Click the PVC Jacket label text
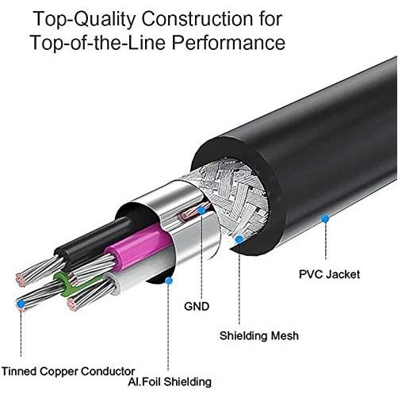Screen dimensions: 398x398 coord(329,274)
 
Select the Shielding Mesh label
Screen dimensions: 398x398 coord(259,336)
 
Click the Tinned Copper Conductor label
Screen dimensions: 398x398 coord(68,370)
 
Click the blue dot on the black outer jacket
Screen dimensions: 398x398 coord(323,216)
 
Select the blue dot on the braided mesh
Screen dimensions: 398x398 coord(239,237)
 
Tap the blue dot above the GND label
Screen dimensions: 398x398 coord(202,211)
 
